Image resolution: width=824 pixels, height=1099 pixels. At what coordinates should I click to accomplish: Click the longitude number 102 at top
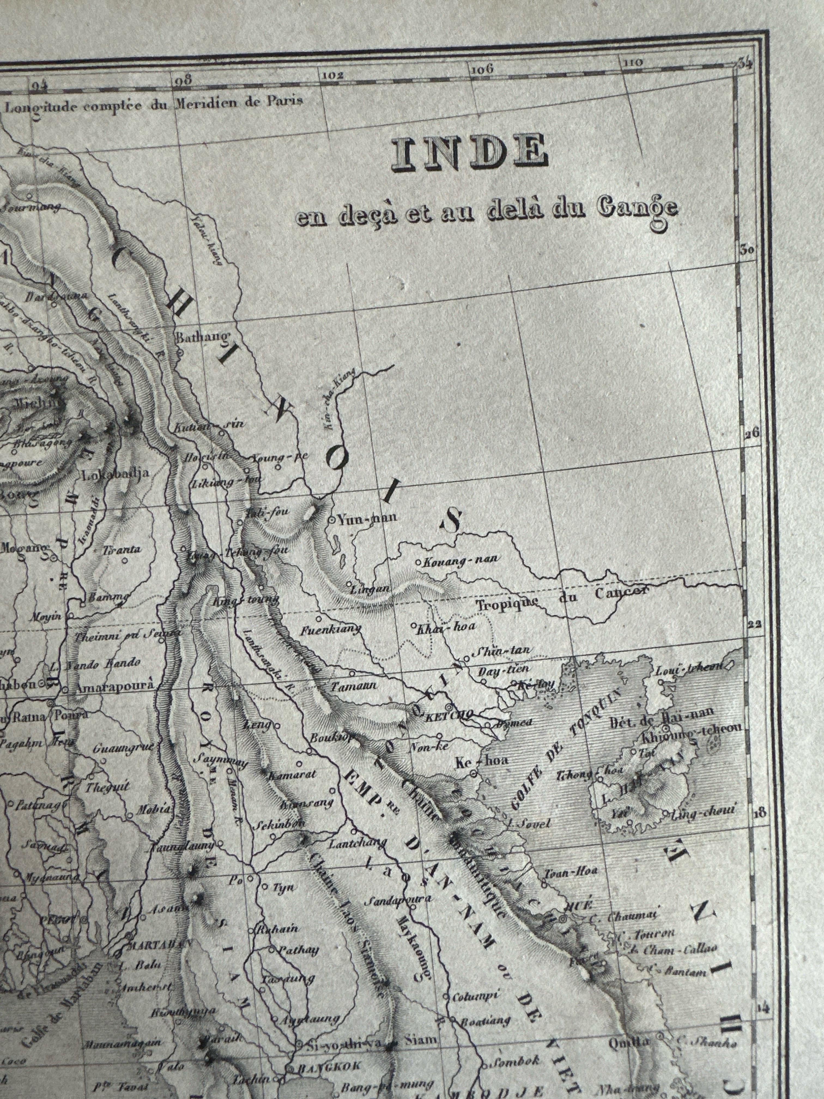pyautogui.click(x=333, y=76)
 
